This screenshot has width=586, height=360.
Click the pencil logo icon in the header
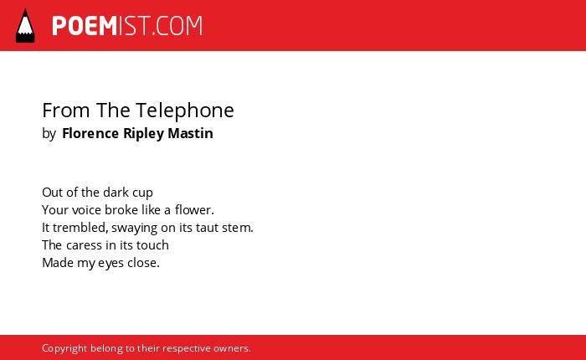coord(25,26)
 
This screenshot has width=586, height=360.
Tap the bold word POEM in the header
coord(85,26)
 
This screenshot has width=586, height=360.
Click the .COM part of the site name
coord(177,26)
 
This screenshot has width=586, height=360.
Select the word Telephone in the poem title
coord(185,111)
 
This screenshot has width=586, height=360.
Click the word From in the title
coord(66,111)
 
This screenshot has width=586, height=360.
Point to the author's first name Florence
coord(90,133)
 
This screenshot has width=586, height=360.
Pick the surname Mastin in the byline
coord(190,133)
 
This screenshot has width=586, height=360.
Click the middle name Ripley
coord(143,134)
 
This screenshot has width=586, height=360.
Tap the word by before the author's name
coord(49,134)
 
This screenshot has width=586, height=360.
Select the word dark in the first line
coord(116,193)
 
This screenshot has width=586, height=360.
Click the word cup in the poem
coord(142,193)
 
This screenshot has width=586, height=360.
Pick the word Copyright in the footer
coord(64,348)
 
